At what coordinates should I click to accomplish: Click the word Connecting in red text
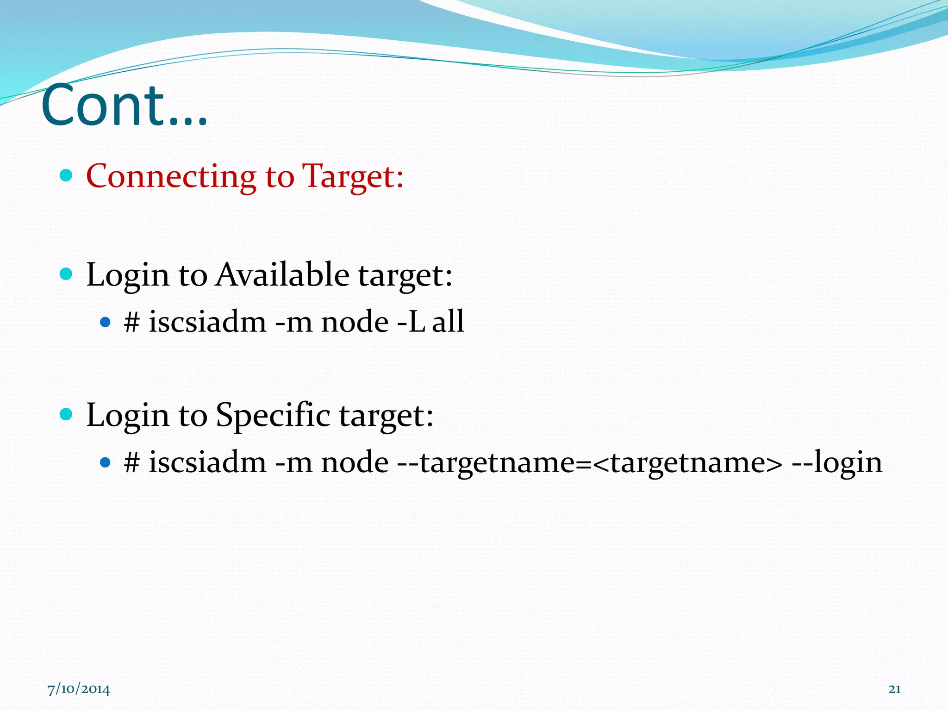(171, 177)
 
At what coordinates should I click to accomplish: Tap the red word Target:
(353, 177)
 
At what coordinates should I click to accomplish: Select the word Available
(282, 274)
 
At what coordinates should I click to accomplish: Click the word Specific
(273, 415)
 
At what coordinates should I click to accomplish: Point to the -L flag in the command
(411, 322)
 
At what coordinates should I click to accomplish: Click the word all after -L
(448, 322)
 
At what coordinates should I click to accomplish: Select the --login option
(837, 462)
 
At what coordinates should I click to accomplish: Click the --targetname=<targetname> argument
(589, 462)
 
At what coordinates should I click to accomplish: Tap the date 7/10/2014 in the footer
(79, 690)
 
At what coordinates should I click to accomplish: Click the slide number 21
(894, 689)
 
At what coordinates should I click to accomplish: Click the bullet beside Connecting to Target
(67, 175)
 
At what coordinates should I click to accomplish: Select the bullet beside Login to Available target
(67, 274)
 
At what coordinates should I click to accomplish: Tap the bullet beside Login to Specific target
(67, 414)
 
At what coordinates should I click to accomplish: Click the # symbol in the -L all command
(132, 322)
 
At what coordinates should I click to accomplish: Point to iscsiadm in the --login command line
(207, 462)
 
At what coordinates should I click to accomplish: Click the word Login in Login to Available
(128, 275)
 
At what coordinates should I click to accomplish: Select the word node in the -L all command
(355, 322)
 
